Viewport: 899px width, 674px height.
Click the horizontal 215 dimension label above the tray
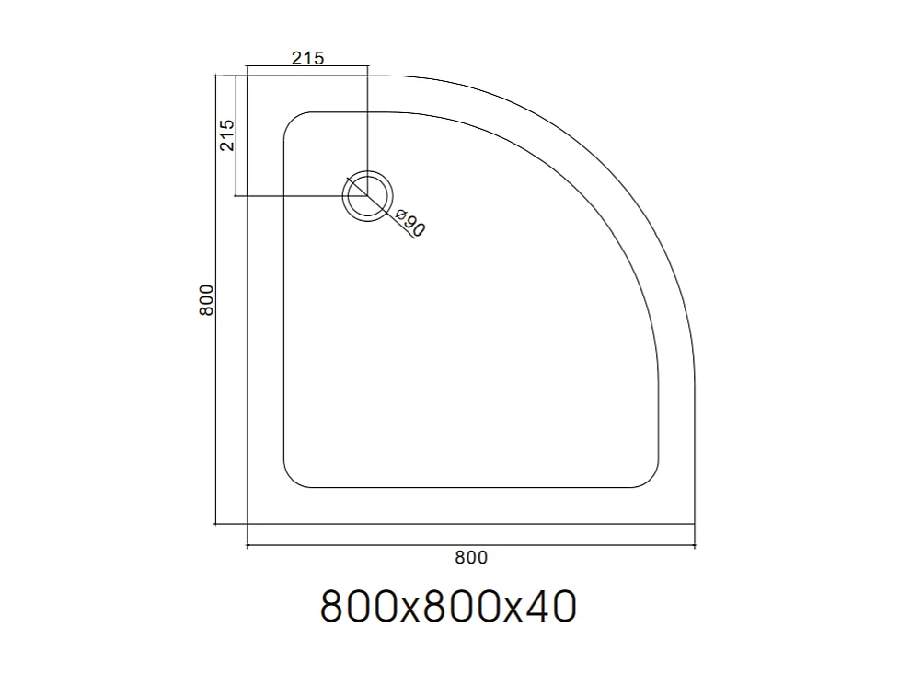(x=307, y=58)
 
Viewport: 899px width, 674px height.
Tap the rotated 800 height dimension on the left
(x=207, y=299)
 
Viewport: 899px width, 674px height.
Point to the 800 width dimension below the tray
(x=470, y=556)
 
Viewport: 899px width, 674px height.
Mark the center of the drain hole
(x=367, y=195)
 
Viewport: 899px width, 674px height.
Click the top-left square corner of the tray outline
(x=248, y=76)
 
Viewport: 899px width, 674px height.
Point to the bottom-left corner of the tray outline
(x=248, y=524)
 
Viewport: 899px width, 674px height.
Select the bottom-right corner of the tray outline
(x=694, y=524)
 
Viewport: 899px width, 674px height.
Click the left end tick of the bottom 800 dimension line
(x=248, y=547)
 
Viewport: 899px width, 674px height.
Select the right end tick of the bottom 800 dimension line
(x=694, y=547)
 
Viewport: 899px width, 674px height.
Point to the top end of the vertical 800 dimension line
(x=215, y=76)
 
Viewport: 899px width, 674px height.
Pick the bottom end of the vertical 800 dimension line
(x=215, y=524)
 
